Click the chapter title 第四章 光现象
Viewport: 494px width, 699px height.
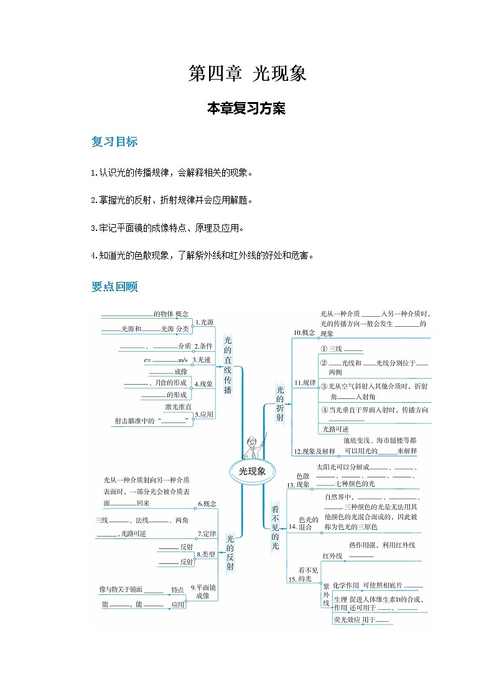[x=247, y=75]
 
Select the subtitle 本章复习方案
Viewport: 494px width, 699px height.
[x=246, y=108]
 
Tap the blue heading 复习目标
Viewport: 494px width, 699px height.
[x=114, y=142]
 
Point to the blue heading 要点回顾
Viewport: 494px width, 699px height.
[x=114, y=287]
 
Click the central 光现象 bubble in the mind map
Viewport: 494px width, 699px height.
[x=252, y=471]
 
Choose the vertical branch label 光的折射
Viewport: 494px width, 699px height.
[x=279, y=403]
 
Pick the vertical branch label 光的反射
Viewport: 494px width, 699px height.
[x=230, y=552]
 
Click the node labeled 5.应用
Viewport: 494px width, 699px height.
[x=204, y=414]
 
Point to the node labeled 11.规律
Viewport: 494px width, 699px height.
[x=305, y=382]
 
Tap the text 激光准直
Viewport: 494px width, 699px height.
[x=178, y=406]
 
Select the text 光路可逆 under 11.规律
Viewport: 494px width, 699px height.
[x=335, y=429]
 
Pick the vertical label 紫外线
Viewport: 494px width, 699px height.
[x=325, y=597]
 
